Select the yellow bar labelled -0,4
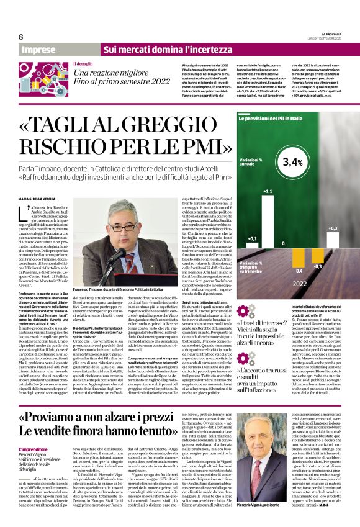pos(299,256)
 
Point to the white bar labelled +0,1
pos(251,243)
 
